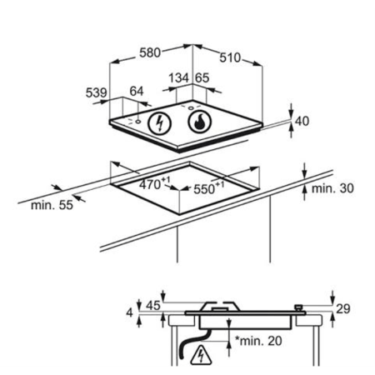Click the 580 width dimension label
[150, 52]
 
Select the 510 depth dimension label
[230, 57]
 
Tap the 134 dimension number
[179, 77]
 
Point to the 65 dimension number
[202, 77]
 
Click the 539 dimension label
[96, 92]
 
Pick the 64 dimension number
[137, 92]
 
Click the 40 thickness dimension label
[302, 121]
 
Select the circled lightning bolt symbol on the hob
[159, 123]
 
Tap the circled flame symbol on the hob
[199, 122]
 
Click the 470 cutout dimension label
[154, 183]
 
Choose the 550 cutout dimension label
[208, 188]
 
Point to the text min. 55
[52, 205]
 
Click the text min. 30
[332, 188]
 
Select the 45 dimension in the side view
[153, 306]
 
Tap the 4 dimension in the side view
[130, 312]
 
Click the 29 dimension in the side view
[343, 309]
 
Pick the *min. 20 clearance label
[258, 341]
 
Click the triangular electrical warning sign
[201, 356]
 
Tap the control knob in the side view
[298, 307]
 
